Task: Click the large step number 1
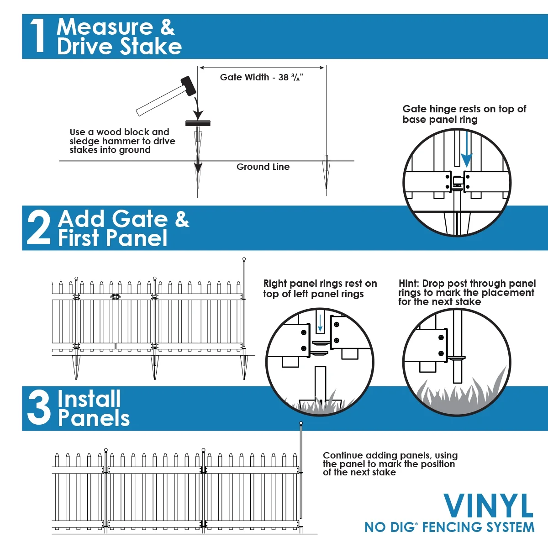tap(37, 37)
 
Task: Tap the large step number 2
tap(38, 228)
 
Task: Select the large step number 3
tap(38, 408)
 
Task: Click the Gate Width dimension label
tap(262, 78)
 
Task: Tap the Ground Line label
tap(263, 167)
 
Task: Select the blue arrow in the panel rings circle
tap(320, 324)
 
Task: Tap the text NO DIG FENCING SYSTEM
tap(449, 527)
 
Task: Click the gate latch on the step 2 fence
tap(115, 297)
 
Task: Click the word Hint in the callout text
tap(409, 284)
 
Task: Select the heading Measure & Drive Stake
tap(119, 37)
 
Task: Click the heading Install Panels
tap(93, 408)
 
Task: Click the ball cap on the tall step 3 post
tap(300, 423)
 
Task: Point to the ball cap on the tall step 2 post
tap(244, 259)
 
